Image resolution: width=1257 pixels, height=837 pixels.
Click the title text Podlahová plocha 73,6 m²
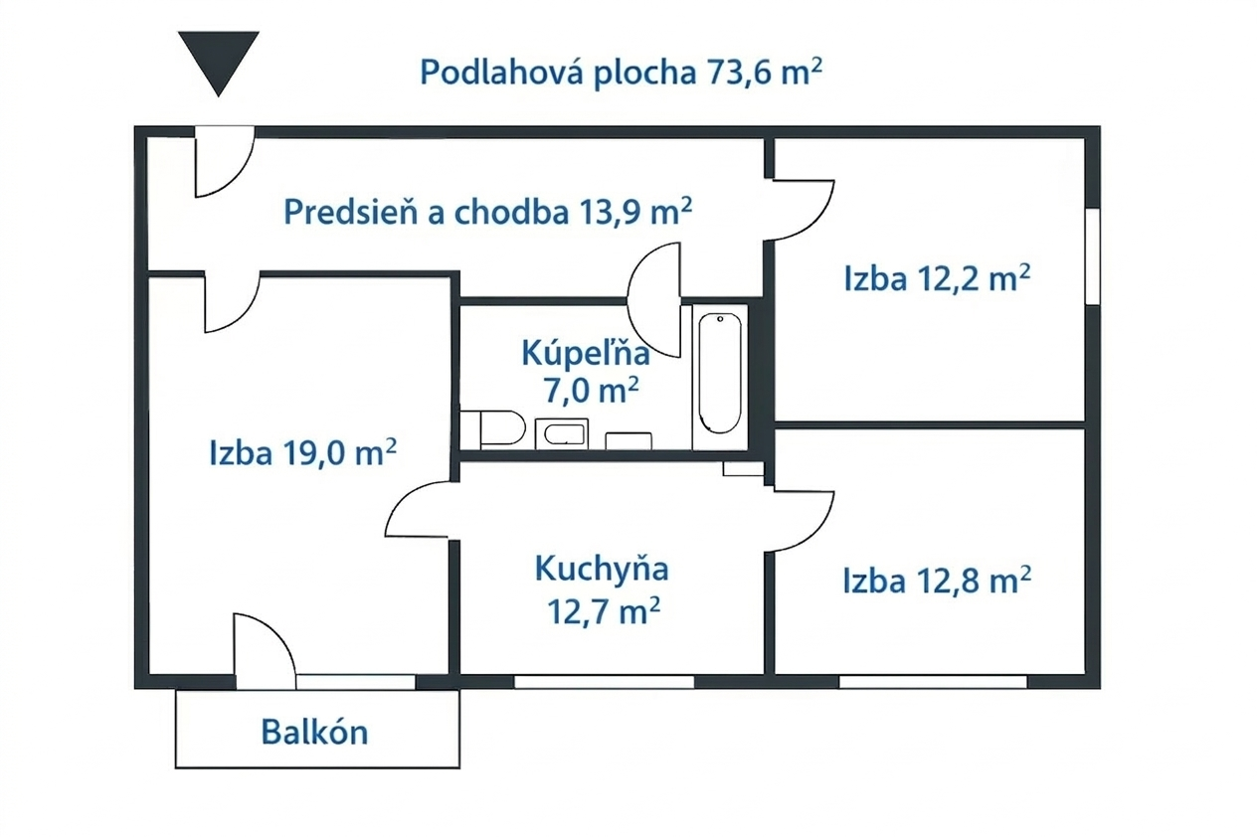point(622,72)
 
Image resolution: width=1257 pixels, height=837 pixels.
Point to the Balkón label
point(315,732)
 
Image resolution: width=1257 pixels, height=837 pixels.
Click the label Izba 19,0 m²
point(303,452)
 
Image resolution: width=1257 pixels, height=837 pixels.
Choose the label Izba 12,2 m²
point(937,277)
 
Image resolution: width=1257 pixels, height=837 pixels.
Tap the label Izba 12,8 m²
point(937,581)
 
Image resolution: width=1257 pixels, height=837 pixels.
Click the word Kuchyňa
point(602,570)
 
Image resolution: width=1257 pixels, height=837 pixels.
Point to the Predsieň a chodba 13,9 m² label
point(487,212)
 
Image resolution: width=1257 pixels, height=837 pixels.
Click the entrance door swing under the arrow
point(224,162)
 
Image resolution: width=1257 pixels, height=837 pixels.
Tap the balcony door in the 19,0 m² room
point(265,651)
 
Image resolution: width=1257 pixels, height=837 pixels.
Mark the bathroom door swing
point(654,300)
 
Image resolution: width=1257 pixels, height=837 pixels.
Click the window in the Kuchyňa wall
point(605,682)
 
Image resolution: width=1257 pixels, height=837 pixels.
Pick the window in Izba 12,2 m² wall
point(1092,256)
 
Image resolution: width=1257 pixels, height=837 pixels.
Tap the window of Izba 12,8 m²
point(933,682)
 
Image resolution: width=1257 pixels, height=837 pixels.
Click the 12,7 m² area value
point(604,610)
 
